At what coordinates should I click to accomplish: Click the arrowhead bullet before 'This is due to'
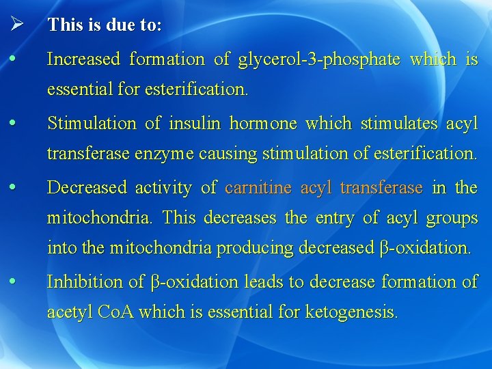18,25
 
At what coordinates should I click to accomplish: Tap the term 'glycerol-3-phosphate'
319,59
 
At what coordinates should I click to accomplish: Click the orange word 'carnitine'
259,188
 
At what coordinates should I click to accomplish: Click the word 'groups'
452,219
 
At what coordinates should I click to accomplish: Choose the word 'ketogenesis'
351,313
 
